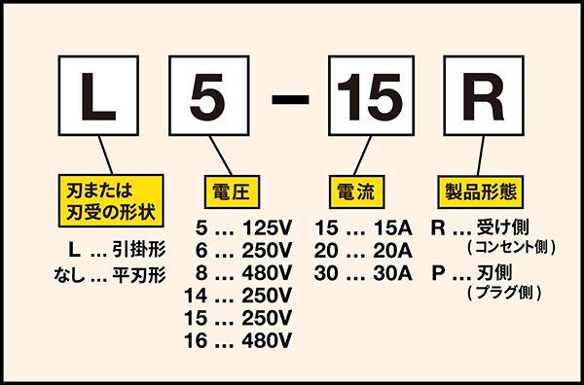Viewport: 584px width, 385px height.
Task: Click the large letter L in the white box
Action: pyautogui.click(x=97, y=96)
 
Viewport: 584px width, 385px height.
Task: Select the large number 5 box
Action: pyautogui.click(x=209, y=95)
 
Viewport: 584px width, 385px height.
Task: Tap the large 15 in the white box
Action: pyautogui.click(x=371, y=96)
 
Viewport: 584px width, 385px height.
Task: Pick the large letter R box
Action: pyautogui.click(x=484, y=95)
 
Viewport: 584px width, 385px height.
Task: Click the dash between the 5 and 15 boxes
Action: pyautogui.click(x=290, y=99)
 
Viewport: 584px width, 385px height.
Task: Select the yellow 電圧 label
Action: pyautogui.click(x=232, y=192)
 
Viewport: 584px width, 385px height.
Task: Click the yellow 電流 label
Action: pyautogui.click(x=356, y=192)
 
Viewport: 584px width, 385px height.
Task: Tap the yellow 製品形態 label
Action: pyautogui.click(x=481, y=192)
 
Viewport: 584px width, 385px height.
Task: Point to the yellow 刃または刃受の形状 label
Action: pyautogui.click(x=111, y=200)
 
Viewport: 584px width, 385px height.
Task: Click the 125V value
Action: pyautogui.click(x=267, y=228)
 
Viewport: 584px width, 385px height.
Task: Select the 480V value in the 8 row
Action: pyautogui.click(x=267, y=273)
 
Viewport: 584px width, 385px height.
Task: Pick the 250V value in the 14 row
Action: pyautogui.click(x=267, y=296)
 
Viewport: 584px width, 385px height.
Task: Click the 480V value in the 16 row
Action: pyautogui.click(x=267, y=340)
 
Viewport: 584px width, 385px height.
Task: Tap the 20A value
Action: pyautogui.click(x=392, y=251)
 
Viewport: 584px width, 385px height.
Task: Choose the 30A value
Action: pyautogui.click(x=392, y=273)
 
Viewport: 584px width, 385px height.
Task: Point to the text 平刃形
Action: pyautogui.click(x=139, y=275)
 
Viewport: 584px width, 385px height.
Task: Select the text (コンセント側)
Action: pyautogui.click(x=511, y=247)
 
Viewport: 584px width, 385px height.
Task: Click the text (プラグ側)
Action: pyautogui.click(x=503, y=293)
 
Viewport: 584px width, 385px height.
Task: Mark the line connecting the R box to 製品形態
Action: pyautogui.click(x=481, y=156)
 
